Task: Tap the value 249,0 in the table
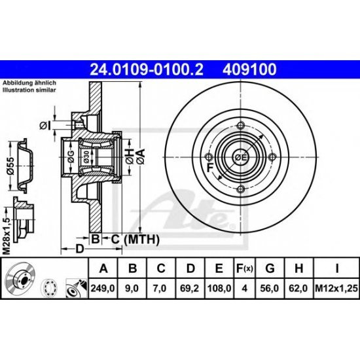tap(101, 287)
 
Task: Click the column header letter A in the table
tap(101, 268)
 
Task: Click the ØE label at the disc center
tap(240, 157)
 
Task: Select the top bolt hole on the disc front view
tap(240, 126)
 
